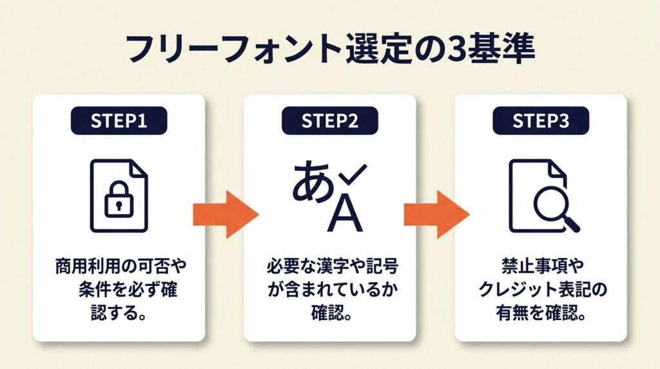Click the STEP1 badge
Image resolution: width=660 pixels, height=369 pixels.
[x=119, y=121]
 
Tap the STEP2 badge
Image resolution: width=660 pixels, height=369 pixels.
[x=329, y=121]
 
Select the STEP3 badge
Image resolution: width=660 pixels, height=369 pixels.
[x=540, y=121]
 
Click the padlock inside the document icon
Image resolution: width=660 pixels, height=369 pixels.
[x=119, y=203]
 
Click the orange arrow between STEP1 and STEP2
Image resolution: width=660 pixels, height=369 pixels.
[x=225, y=215]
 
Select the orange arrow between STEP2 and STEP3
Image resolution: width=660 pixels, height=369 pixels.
[x=436, y=215]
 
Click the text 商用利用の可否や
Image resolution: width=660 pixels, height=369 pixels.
[x=121, y=266]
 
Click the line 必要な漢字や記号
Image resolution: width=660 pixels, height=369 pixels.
[x=329, y=266]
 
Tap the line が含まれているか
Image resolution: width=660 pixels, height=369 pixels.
[x=329, y=290]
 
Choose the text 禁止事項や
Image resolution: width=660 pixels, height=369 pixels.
[x=540, y=266]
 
